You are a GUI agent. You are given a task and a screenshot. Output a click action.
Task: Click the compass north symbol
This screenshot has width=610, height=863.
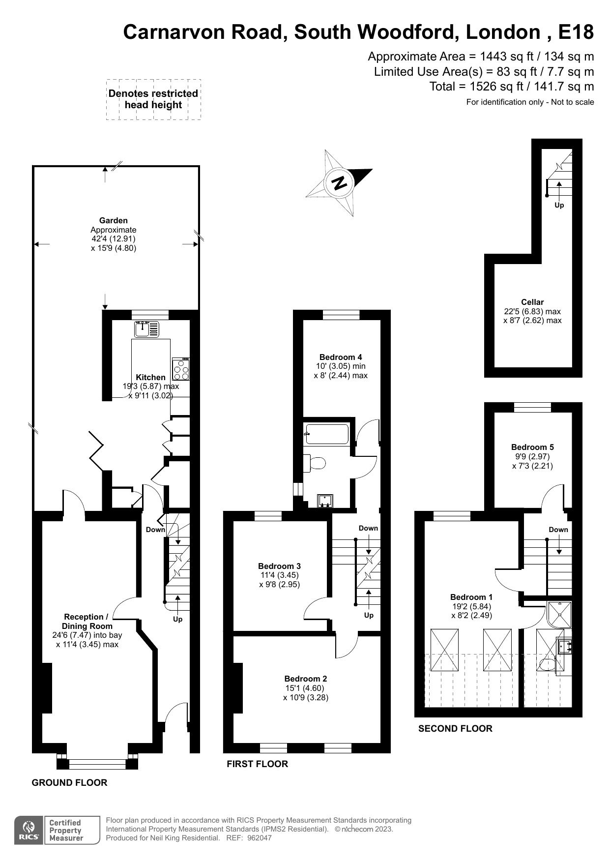click(x=339, y=183)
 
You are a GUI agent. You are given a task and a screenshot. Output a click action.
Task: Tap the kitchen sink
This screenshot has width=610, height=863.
click(x=147, y=329)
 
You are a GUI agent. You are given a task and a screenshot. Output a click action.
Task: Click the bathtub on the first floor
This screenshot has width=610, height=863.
click(x=326, y=434)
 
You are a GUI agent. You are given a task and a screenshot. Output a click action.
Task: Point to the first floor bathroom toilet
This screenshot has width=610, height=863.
click(x=316, y=463)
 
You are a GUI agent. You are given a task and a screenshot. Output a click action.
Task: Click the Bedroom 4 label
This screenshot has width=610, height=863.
click(x=341, y=357)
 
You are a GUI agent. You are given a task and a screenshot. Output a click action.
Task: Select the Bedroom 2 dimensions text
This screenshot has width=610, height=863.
click(x=306, y=693)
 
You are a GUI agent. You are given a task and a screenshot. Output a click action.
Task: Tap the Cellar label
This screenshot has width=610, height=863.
click(x=532, y=302)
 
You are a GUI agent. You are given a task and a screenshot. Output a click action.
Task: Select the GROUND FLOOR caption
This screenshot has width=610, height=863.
click(x=69, y=783)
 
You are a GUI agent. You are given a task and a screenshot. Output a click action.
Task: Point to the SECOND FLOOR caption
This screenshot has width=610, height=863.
click(x=455, y=729)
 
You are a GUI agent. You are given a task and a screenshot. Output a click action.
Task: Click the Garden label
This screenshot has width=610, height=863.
click(x=114, y=221)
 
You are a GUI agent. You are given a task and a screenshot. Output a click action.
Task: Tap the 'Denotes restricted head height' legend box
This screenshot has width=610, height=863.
click(x=153, y=99)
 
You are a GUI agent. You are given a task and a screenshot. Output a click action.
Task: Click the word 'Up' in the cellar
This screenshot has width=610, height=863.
click(x=559, y=205)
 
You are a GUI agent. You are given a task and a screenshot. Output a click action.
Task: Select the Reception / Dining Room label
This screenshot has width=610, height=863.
click(x=87, y=622)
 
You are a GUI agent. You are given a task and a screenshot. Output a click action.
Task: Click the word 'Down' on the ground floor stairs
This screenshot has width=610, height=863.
click(x=155, y=530)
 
